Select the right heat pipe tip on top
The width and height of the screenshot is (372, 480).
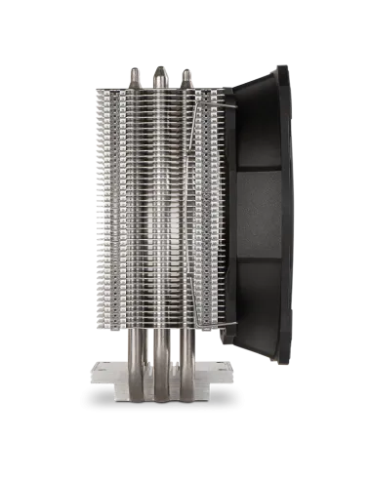pos(185,74)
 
